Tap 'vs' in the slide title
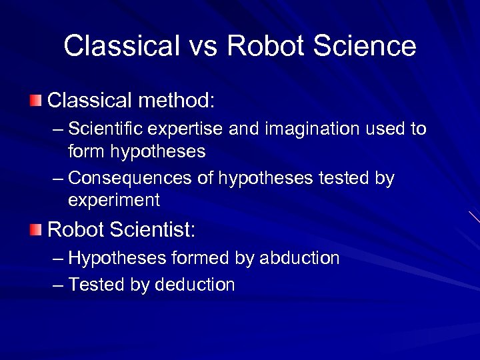pos(203,46)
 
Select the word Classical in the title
pos(121,46)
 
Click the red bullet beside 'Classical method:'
pos(35,101)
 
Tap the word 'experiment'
pos(114,200)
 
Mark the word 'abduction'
pos(300,258)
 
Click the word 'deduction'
pos(195,285)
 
